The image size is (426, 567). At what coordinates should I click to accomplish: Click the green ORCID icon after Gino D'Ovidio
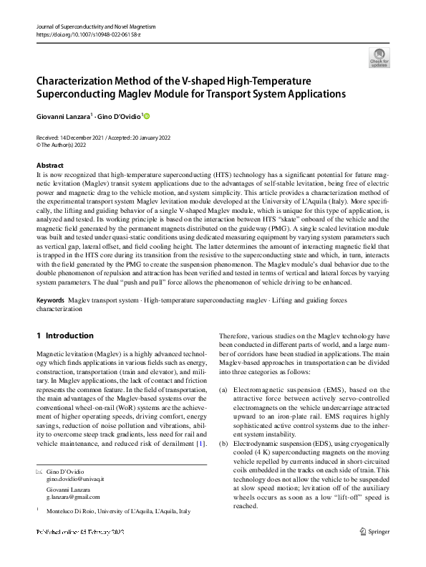click(x=148, y=115)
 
